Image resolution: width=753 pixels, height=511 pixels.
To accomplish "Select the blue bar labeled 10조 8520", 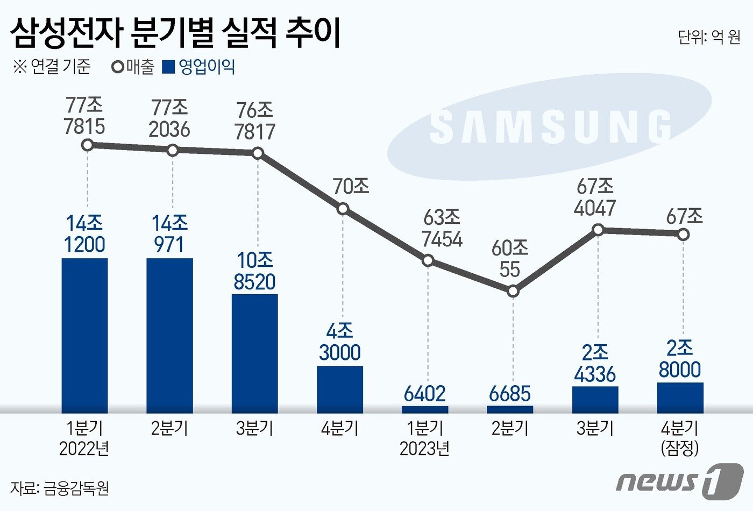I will (x=254, y=353).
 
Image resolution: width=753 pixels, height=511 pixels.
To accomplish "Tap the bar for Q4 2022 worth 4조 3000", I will (x=339, y=389).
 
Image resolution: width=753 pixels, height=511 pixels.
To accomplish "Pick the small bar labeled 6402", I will (x=425, y=409).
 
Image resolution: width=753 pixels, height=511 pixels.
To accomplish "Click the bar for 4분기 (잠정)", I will (x=680, y=398).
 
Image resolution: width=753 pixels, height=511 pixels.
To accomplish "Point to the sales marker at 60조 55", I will (x=513, y=291).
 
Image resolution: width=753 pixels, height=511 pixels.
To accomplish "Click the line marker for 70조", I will (x=343, y=209).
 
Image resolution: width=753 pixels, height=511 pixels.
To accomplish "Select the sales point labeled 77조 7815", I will (x=88, y=145).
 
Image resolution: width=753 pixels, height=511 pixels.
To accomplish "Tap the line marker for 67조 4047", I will (x=598, y=230).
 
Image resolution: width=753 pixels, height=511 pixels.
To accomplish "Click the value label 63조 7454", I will (x=442, y=228).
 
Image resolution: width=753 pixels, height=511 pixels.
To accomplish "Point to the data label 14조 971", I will (x=169, y=234).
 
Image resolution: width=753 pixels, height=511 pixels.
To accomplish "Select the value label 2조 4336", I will (x=595, y=363).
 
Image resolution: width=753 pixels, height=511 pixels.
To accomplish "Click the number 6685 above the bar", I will (x=510, y=394).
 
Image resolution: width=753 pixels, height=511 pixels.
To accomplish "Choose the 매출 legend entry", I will (x=133, y=67).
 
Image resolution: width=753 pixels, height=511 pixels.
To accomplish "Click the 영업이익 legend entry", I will (x=200, y=67).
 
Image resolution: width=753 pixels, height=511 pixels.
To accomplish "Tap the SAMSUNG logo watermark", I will (x=550, y=127).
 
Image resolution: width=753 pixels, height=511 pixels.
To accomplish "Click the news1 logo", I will (x=680, y=479).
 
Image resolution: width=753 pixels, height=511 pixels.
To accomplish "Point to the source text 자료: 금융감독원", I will (x=60, y=488).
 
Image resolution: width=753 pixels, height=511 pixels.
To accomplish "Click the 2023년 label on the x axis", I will (x=425, y=448).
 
